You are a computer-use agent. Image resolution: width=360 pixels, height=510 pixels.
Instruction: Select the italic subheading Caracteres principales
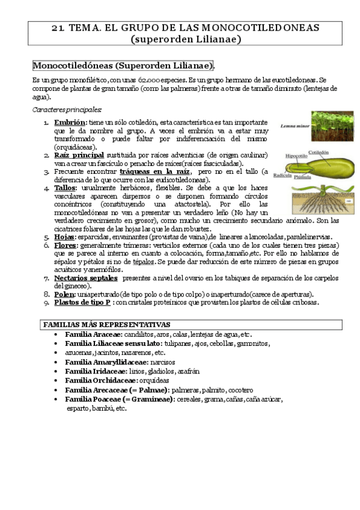[67, 109]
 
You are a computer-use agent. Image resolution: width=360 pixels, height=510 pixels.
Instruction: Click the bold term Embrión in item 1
[70, 123]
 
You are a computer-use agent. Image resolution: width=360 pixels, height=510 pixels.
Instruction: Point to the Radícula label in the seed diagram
[282, 175]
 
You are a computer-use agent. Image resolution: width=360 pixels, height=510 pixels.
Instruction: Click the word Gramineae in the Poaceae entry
[149, 399]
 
